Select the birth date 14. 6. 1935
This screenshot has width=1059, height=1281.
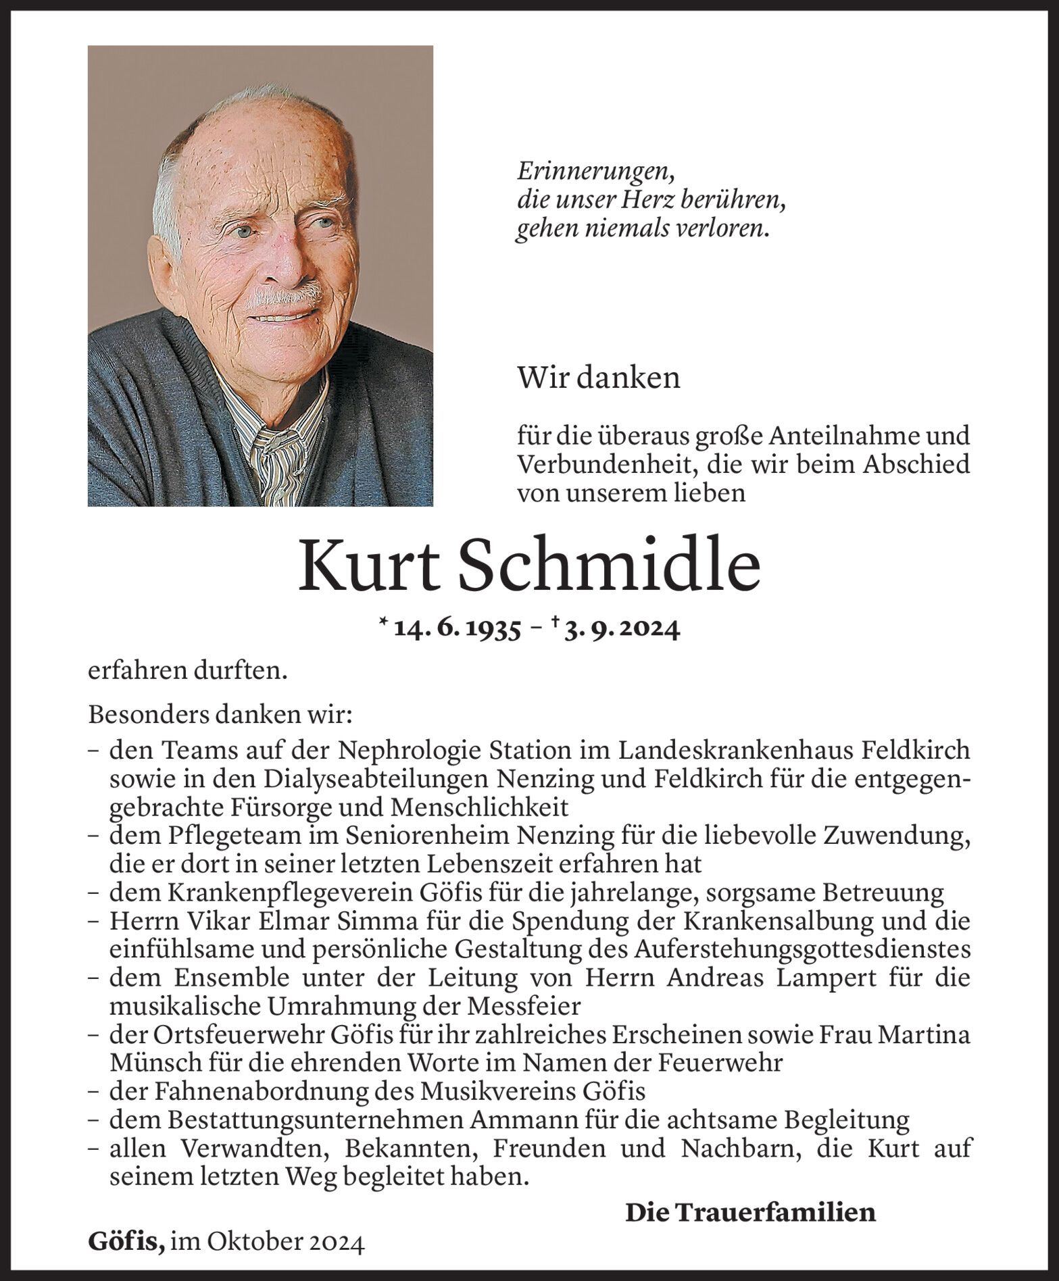tap(456, 629)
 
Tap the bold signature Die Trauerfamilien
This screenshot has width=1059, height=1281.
tap(750, 1212)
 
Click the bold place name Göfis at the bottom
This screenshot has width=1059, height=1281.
tap(126, 1242)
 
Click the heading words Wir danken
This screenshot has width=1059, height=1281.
tap(598, 378)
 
